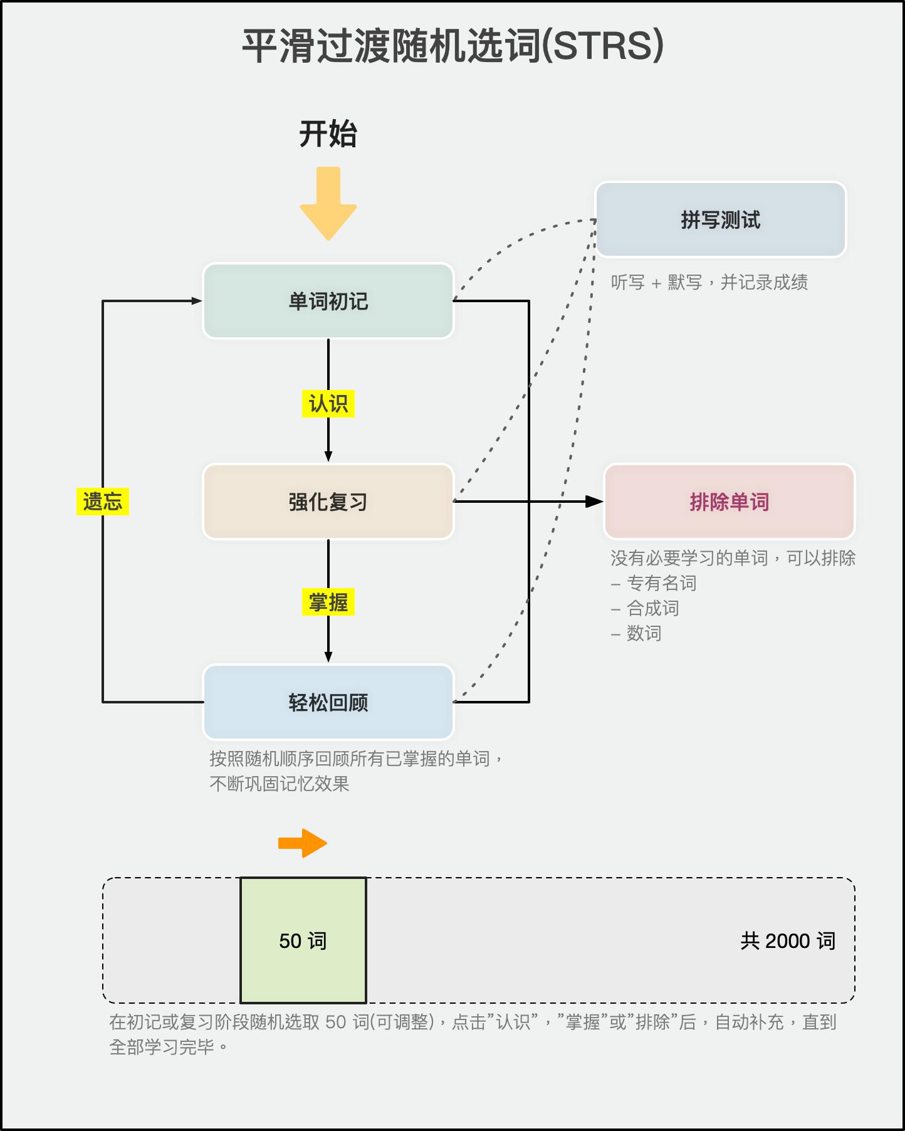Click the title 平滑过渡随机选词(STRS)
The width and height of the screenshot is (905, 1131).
(452, 46)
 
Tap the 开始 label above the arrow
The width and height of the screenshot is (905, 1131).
(328, 134)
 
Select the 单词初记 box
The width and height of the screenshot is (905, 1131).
(328, 301)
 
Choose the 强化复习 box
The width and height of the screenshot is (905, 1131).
(328, 502)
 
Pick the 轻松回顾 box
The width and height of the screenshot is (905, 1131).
(328, 702)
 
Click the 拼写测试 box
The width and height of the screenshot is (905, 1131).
(720, 220)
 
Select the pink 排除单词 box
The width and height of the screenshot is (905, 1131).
(729, 502)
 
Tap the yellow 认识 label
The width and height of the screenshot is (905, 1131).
(328, 403)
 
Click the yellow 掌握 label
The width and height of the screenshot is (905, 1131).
(328, 602)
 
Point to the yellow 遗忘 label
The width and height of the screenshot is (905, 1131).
(102, 502)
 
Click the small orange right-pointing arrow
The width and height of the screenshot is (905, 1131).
(303, 843)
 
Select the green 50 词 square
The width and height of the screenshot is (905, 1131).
(303, 940)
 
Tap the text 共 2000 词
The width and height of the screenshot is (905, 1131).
(788, 941)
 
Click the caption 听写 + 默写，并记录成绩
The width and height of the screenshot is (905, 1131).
(709, 283)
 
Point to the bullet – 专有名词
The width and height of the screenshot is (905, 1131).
(654, 584)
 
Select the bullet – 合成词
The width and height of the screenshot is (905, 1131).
(645, 609)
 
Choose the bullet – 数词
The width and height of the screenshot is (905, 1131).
(636, 634)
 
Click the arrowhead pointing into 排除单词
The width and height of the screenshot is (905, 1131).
(594, 502)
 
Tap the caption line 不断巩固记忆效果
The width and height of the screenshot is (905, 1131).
(280, 784)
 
